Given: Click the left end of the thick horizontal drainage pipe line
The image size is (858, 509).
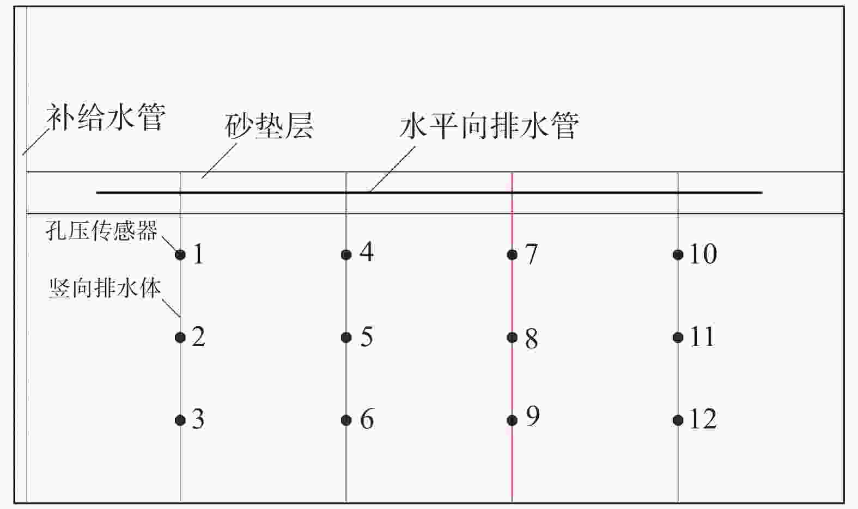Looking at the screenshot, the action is pos(96,193).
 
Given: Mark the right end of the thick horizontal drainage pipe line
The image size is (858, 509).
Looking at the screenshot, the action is pos(762,193).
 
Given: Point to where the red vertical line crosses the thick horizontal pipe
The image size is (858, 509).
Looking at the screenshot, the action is pos(512,193).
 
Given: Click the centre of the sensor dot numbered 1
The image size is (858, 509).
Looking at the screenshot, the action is pos(180,255).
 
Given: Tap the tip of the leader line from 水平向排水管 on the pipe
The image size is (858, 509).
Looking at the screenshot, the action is pos(370,192).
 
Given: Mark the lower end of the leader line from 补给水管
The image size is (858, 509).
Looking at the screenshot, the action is pos(23,155).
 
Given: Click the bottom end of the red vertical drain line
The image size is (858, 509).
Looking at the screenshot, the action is pos(512,501).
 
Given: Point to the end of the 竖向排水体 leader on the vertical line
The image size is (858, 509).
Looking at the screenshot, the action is pos(180,316).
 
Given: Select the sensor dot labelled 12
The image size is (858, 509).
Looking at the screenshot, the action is pos(678,420).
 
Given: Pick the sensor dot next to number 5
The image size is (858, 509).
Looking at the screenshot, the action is pos(346,338).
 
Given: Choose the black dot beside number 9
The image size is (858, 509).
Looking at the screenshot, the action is pos(512,420).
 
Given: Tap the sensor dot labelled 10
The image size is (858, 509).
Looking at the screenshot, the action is pos(678,255).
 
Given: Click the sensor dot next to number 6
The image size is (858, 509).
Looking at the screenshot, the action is pos(346,420).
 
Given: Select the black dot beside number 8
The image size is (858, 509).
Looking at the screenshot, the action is pos(512,338).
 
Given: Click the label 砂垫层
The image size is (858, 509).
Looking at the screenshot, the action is pos(269,126).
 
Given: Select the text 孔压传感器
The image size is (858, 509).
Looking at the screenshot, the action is pos(101,230).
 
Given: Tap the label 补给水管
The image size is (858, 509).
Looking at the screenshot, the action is pos(106,117).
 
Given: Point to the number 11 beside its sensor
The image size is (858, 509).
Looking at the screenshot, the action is pos(703,337).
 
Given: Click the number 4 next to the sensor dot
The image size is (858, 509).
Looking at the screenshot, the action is pos(367,252).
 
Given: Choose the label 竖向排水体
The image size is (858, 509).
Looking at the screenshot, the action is pos(105,288).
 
